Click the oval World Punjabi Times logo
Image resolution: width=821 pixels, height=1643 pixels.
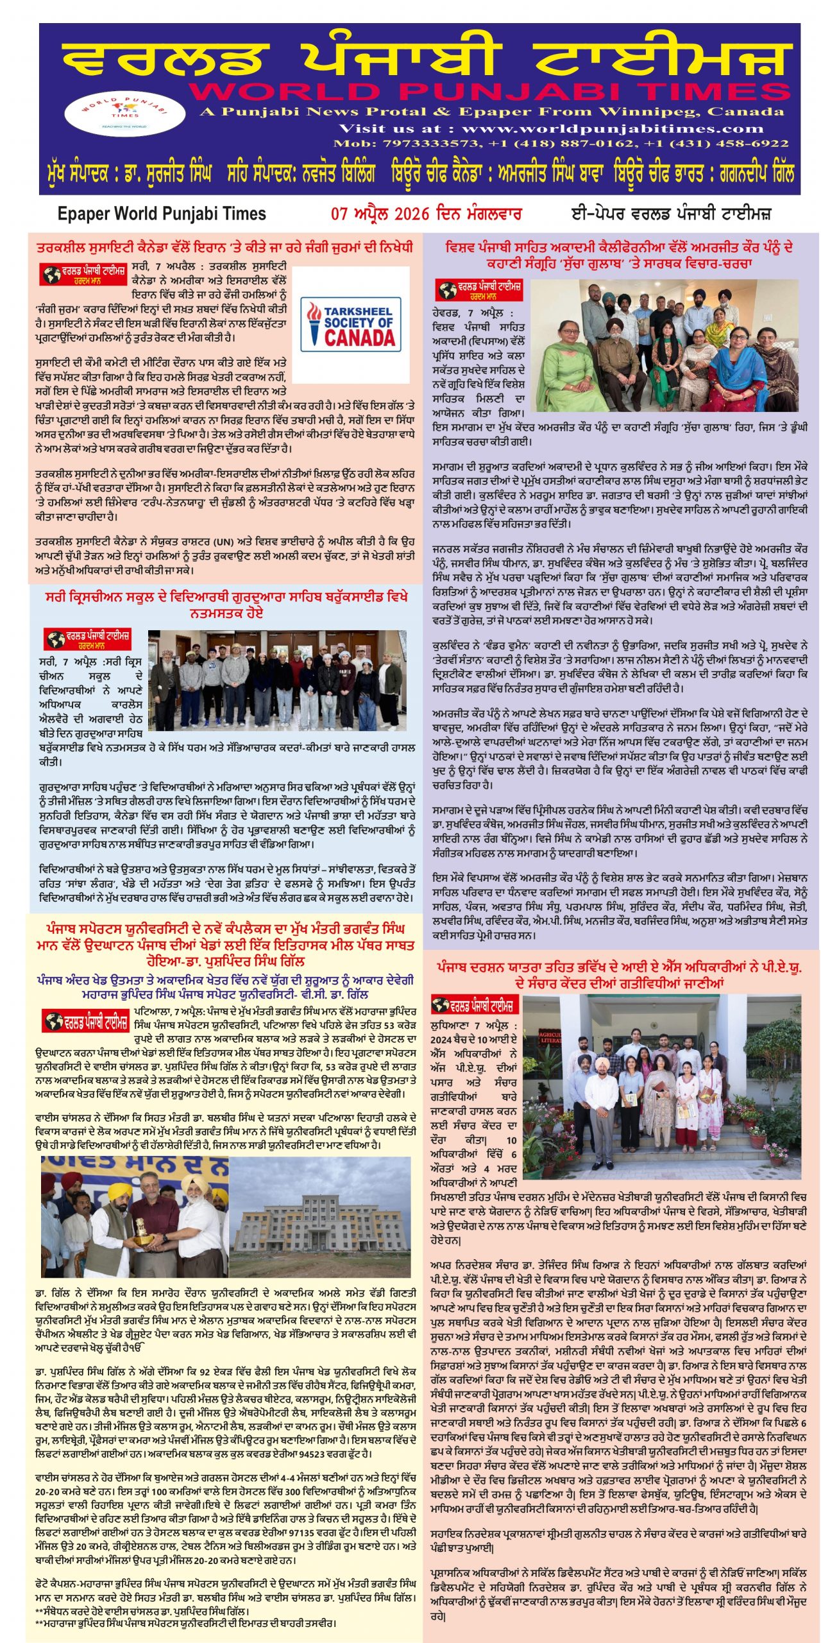tap(124, 112)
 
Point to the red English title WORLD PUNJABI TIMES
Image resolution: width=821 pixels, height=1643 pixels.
tap(488, 92)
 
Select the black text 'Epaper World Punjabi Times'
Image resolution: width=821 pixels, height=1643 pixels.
tap(162, 214)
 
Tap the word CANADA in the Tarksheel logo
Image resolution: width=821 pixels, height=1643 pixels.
tap(359, 338)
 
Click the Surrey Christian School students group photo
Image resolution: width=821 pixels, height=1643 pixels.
tap(277, 680)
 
